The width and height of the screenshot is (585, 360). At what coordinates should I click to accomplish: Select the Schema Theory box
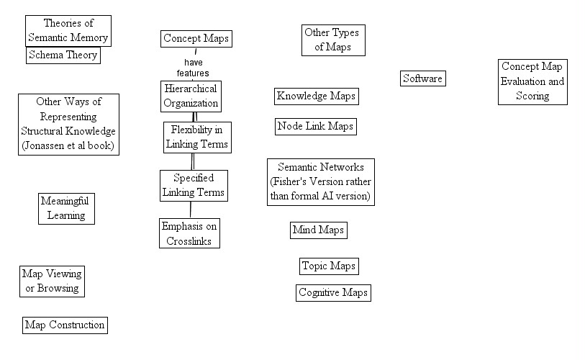(63, 55)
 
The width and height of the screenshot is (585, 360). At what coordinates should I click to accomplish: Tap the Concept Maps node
(196, 39)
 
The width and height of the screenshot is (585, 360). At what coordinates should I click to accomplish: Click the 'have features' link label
(193, 68)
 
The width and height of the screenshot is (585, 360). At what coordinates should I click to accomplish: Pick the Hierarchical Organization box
(190, 96)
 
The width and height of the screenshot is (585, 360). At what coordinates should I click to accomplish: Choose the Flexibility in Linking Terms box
(197, 137)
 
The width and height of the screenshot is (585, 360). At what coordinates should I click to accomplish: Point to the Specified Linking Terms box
(194, 185)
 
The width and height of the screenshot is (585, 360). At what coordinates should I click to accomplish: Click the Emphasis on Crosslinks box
(189, 233)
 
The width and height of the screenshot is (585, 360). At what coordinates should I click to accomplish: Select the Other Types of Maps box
(332, 40)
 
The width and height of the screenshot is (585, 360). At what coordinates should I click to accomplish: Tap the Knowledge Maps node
(316, 96)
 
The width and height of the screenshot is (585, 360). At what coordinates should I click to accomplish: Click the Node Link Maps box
(316, 127)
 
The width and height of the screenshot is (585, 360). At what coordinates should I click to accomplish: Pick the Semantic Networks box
(321, 181)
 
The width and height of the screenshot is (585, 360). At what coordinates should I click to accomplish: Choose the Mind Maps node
(318, 230)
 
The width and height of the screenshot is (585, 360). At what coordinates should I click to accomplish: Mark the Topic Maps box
(329, 266)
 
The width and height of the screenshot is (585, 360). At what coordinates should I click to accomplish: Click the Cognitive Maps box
(333, 293)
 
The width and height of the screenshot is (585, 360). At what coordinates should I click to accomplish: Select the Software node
(422, 78)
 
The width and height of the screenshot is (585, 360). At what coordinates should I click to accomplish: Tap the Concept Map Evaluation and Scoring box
(532, 81)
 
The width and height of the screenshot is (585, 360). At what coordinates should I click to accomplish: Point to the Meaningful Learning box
(66, 208)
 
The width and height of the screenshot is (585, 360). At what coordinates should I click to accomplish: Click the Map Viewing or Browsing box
(52, 281)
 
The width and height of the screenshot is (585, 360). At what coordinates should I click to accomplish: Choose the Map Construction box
(65, 325)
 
